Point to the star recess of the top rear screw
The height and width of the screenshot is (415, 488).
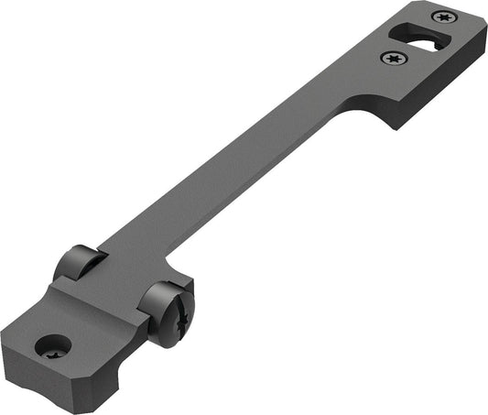[443, 16]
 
